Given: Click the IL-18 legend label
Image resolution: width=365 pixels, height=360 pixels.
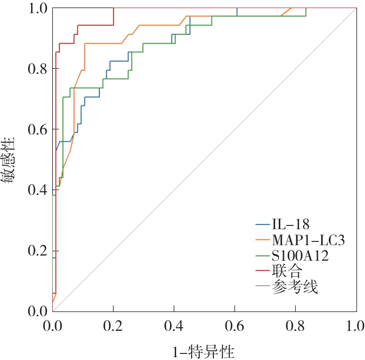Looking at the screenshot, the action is coord(291,224).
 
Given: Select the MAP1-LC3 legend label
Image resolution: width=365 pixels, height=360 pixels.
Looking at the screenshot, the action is coord(308,240).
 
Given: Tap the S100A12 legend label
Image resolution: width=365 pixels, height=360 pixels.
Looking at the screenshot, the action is coord(300,256).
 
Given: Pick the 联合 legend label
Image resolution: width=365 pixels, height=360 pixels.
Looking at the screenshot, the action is coord(287,271).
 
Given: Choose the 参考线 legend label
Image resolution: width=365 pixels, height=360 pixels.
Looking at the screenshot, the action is coord(295,287).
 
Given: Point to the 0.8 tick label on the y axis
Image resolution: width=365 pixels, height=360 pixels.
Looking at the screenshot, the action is coord(38,69).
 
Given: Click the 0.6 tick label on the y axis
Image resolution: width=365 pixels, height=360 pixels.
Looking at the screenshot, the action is coord(38,129).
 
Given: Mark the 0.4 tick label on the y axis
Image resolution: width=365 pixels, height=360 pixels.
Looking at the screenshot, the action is coord(38,190).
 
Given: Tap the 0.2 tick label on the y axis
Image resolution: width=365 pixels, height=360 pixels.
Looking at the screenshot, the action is coord(38,251).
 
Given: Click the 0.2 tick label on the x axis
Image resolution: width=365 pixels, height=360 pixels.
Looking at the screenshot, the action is coord(113,326).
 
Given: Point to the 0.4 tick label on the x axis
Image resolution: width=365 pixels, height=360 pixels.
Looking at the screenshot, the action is coord(174,326).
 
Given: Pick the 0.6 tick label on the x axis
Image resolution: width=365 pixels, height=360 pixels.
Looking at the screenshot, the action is coord(235,326).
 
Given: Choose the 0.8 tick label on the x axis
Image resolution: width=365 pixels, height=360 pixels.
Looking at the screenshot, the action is coord(295,326).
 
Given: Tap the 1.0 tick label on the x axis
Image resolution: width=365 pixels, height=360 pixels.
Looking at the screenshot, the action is coord(355,326).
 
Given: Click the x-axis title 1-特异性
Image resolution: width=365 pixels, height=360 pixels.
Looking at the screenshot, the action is coord(203,352).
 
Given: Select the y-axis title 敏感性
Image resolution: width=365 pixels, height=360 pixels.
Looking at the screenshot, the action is coord(8,160).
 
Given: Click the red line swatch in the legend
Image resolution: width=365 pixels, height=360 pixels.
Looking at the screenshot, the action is coord(263,271).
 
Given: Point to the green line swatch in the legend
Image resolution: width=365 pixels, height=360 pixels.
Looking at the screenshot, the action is coord(263,256).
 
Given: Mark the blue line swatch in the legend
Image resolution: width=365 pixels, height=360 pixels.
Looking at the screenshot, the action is coord(263,224).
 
